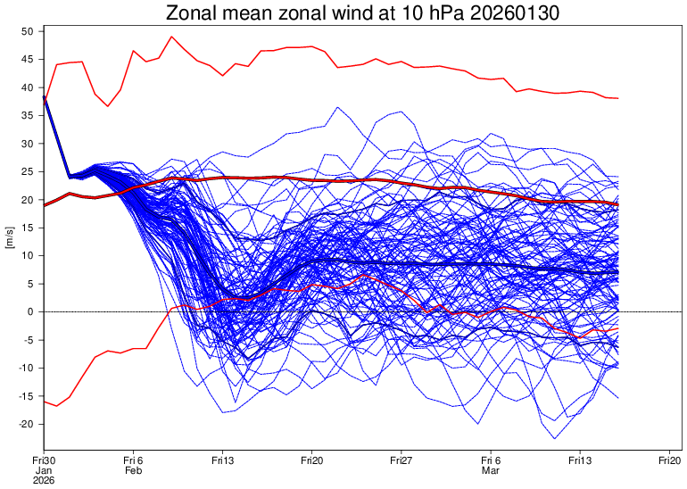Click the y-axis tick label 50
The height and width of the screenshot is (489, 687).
(x=27, y=31)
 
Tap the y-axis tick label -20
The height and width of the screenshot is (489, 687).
(x=25, y=424)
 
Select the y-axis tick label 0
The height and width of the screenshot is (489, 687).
(x=29, y=311)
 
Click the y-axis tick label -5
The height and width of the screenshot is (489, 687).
(x=27, y=340)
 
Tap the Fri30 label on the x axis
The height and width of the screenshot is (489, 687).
(x=44, y=459)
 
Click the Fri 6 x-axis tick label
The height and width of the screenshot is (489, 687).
(x=133, y=459)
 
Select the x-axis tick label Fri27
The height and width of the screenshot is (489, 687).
(x=401, y=459)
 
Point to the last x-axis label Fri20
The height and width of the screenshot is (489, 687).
(x=669, y=459)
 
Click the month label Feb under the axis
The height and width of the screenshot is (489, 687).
(x=133, y=469)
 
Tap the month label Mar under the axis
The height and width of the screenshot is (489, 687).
(x=490, y=469)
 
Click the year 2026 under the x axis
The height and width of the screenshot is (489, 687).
(x=44, y=480)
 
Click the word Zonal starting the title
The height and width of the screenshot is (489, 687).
(x=190, y=12)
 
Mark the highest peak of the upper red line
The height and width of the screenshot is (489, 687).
(x=171, y=37)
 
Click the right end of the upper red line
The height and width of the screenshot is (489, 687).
(x=617, y=98)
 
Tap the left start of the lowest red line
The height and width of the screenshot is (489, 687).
(x=44, y=402)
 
